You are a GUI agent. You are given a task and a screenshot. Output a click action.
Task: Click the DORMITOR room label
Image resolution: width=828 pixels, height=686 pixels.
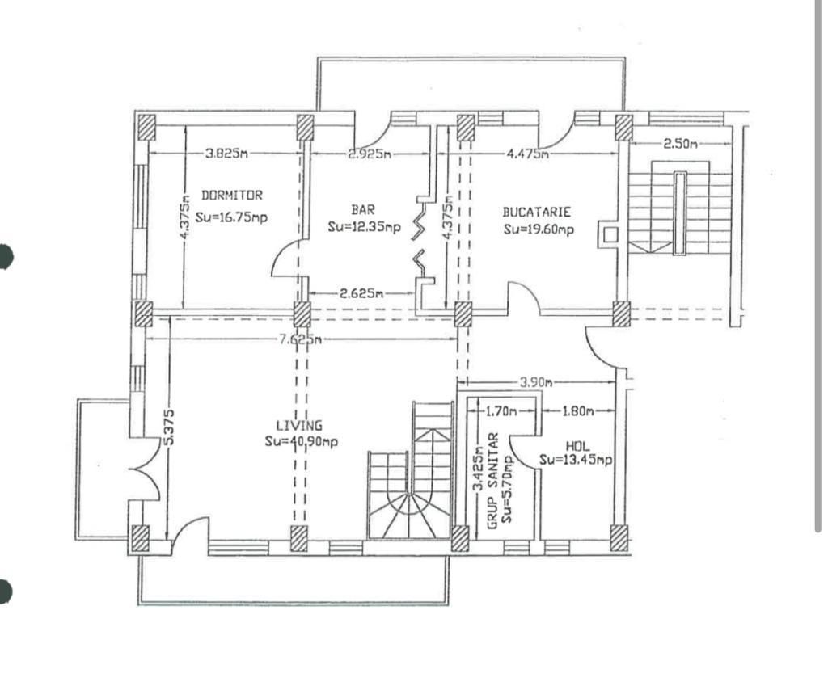coord(231,195)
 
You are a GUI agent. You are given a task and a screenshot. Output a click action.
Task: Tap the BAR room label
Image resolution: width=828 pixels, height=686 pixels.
coord(363,209)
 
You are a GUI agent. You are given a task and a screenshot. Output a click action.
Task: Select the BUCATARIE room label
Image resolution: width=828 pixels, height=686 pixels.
coord(537,212)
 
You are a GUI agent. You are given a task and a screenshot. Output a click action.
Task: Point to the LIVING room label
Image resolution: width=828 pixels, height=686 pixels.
coord(299,425)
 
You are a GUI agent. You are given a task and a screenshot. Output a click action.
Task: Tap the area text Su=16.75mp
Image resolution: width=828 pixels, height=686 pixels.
coord(232,217)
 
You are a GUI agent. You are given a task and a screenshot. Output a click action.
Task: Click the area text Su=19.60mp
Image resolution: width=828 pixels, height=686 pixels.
coord(539,229)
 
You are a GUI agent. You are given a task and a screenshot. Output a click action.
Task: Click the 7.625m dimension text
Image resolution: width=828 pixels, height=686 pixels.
coord(298,339)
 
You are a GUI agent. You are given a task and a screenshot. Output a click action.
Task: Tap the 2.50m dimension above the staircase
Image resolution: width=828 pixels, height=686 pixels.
coord(679,144)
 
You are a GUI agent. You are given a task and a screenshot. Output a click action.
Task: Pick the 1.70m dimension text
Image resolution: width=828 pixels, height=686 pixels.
coord(501,411)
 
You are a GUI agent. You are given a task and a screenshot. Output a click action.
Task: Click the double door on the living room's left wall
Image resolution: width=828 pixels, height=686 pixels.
coord(146,469)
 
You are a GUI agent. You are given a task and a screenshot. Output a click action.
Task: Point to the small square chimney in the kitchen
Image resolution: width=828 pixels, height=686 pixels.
coord(611,234)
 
